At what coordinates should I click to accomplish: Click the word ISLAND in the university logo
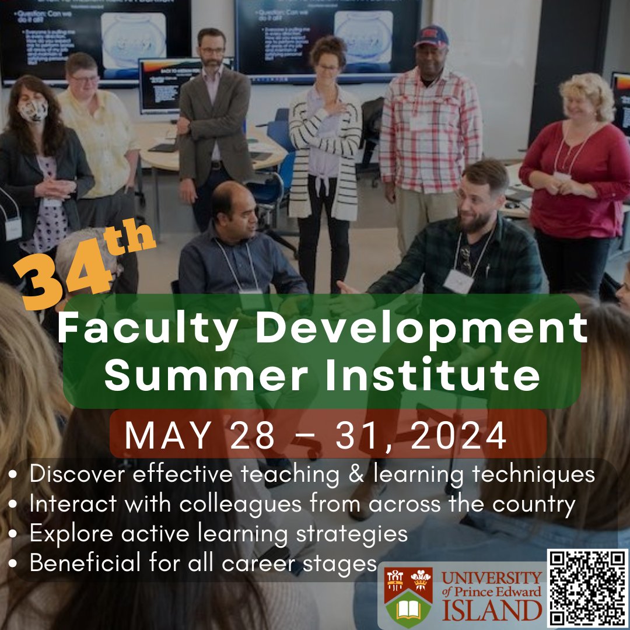click(491, 611)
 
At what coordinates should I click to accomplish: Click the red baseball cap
click(432, 37)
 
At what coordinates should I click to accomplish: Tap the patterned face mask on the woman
click(33, 110)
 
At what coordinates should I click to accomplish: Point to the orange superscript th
click(131, 239)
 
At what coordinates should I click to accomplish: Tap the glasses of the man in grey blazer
click(211, 51)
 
